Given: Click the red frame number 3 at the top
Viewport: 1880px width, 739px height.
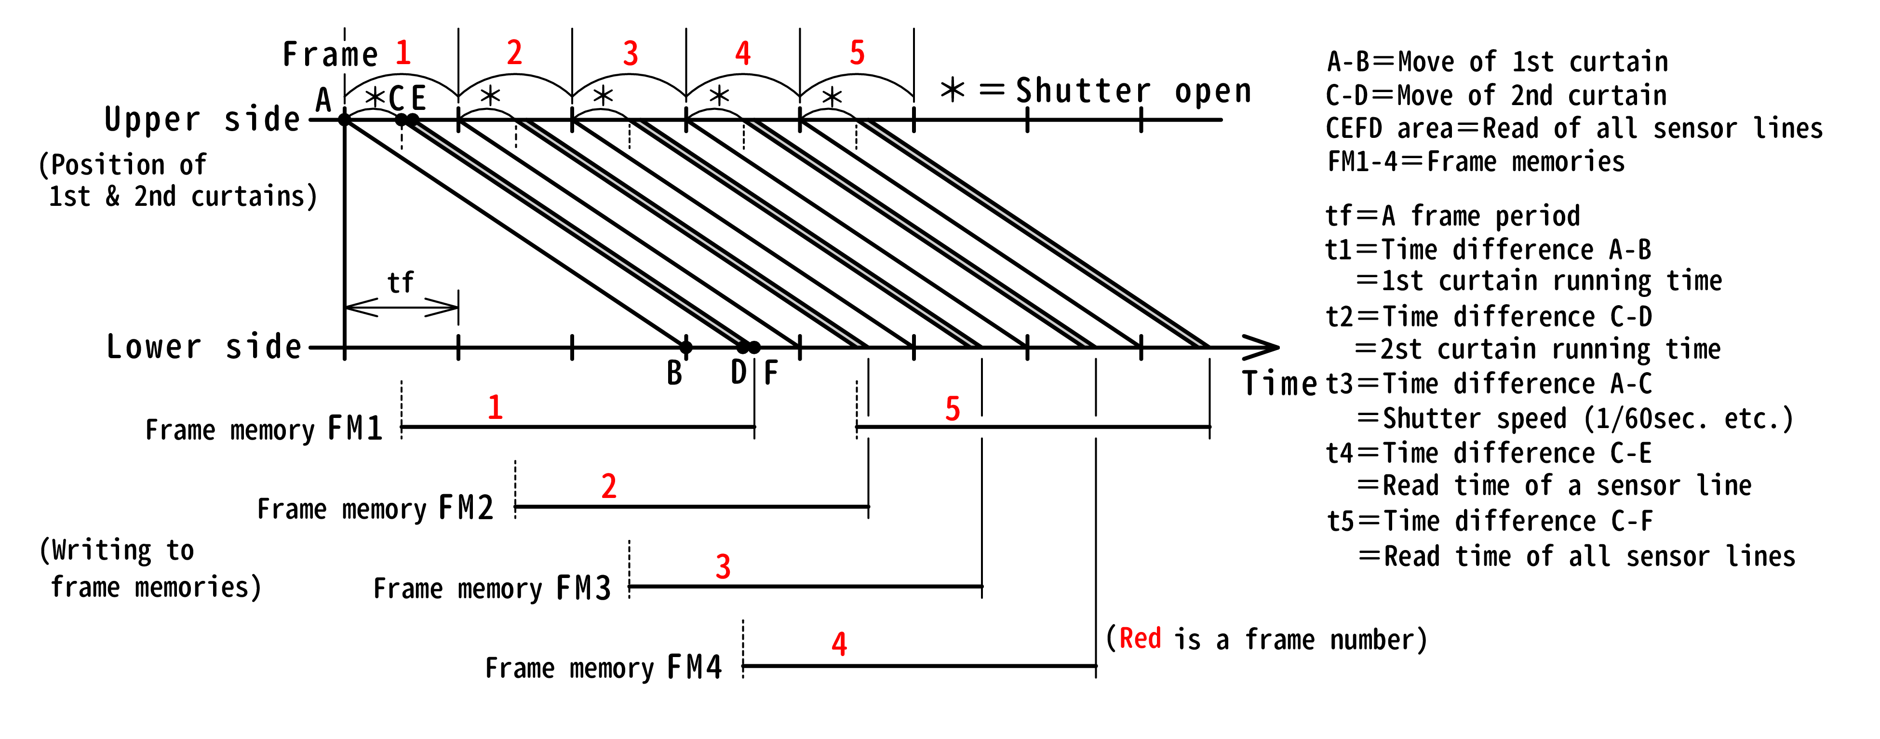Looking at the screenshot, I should tap(631, 53).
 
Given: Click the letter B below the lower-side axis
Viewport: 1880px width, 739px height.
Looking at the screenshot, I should tap(674, 374).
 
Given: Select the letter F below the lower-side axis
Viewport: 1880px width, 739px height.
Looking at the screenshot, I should tap(771, 374).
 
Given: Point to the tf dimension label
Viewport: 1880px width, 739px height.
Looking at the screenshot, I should tap(400, 282).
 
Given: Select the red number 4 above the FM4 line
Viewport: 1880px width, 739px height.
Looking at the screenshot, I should tap(839, 644).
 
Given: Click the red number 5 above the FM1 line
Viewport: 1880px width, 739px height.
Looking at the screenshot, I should tap(953, 408).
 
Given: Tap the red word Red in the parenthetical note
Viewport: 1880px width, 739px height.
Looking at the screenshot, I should tap(1140, 639).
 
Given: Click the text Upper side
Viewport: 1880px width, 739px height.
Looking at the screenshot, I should tap(202, 120).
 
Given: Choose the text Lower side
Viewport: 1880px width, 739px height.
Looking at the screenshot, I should tap(203, 347).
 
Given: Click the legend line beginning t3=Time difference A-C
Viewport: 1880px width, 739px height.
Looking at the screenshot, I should tap(1489, 384).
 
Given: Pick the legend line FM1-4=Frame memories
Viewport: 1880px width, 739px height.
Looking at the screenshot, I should tap(1476, 161).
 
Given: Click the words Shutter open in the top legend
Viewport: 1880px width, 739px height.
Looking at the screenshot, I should tap(1133, 91).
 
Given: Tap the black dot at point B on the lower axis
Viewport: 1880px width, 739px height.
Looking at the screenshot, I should tap(685, 347).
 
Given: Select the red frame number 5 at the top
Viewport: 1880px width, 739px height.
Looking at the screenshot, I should tap(858, 53).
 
